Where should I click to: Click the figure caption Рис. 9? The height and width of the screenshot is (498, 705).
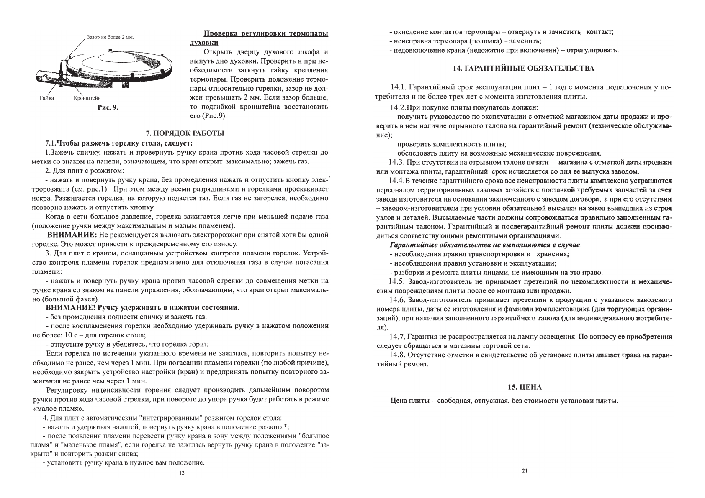point(108,107)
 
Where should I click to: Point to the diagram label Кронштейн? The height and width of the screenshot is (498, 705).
point(87,98)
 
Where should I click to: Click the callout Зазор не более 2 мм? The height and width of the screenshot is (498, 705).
point(110,38)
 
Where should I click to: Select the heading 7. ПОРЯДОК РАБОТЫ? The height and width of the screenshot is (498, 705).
point(185,133)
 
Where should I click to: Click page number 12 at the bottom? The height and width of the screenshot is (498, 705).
point(181,473)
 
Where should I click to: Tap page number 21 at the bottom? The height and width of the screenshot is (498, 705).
point(525,471)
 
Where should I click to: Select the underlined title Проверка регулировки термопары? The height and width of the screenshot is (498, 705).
point(265,33)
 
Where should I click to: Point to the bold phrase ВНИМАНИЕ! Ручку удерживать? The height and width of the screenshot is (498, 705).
point(142,308)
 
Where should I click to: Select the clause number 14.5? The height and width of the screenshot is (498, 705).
point(397,282)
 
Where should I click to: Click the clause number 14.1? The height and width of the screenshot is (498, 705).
point(399,87)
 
